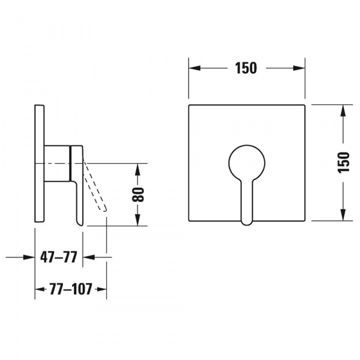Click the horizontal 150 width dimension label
click(245, 68)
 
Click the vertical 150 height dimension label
click(344, 162)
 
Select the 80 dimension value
click(138, 194)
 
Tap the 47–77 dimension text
click(59, 257)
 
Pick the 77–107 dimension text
click(71, 289)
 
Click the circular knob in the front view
click(247, 163)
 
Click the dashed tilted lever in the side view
click(95, 185)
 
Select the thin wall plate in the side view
click(39, 163)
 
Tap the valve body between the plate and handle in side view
click(57, 163)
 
